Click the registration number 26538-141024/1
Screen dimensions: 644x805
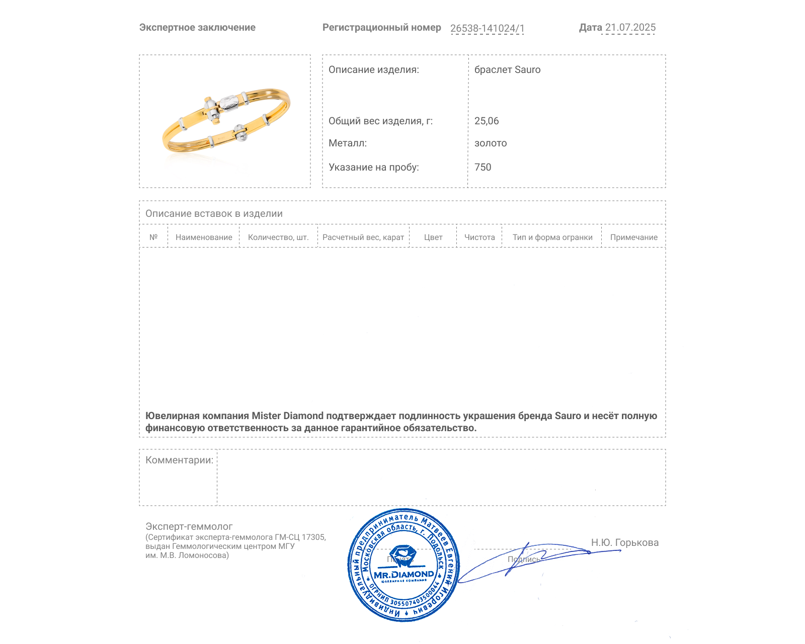tap(487, 28)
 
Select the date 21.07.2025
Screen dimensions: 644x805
tap(630, 28)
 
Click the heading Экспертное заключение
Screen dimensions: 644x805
tap(197, 28)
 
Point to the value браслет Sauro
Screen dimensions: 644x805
tap(507, 70)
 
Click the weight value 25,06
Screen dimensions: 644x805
tap(487, 121)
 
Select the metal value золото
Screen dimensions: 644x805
tap(491, 143)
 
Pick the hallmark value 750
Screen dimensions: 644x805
tap(482, 168)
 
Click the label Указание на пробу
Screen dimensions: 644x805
tap(373, 168)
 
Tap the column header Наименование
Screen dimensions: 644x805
tap(204, 237)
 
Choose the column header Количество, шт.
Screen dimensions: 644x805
tap(278, 237)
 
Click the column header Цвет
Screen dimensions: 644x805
tap(433, 237)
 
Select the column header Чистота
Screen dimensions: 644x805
tap(479, 237)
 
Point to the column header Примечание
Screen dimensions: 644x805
tap(633, 237)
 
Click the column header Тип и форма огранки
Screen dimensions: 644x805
tap(552, 237)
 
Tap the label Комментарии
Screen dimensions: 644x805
tap(179, 460)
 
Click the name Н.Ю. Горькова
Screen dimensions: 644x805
tap(624, 543)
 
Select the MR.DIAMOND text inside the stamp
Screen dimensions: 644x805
tap(404, 575)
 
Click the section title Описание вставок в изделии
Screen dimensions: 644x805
tap(214, 214)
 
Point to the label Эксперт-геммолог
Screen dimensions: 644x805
tap(189, 527)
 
